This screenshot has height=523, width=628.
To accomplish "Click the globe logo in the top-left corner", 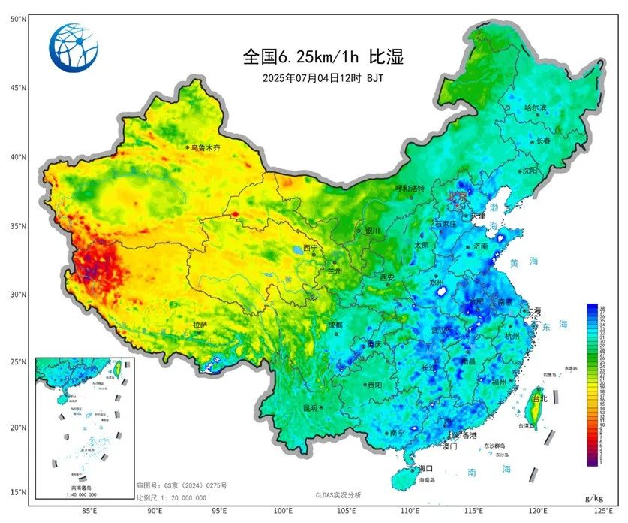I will [x=74, y=46].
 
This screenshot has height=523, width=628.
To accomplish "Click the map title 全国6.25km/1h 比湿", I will [x=323, y=56].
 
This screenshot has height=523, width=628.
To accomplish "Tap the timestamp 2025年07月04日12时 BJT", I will [x=323, y=77].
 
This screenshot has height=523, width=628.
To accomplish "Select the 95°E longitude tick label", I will [x=219, y=511].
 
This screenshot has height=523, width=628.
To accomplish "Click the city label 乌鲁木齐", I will [x=206, y=148].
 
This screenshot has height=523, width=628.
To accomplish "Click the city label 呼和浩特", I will [x=410, y=188].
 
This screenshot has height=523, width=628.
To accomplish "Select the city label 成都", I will [x=335, y=325].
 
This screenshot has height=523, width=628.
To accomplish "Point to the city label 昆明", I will [x=311, y=407].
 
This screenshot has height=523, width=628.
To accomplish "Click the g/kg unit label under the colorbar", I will [x=593, y=498].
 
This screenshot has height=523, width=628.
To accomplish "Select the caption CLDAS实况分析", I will [x=338, y=494].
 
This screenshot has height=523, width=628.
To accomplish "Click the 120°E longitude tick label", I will [x=537, y=511].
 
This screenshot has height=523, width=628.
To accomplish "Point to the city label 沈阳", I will [x=531, y=171].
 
